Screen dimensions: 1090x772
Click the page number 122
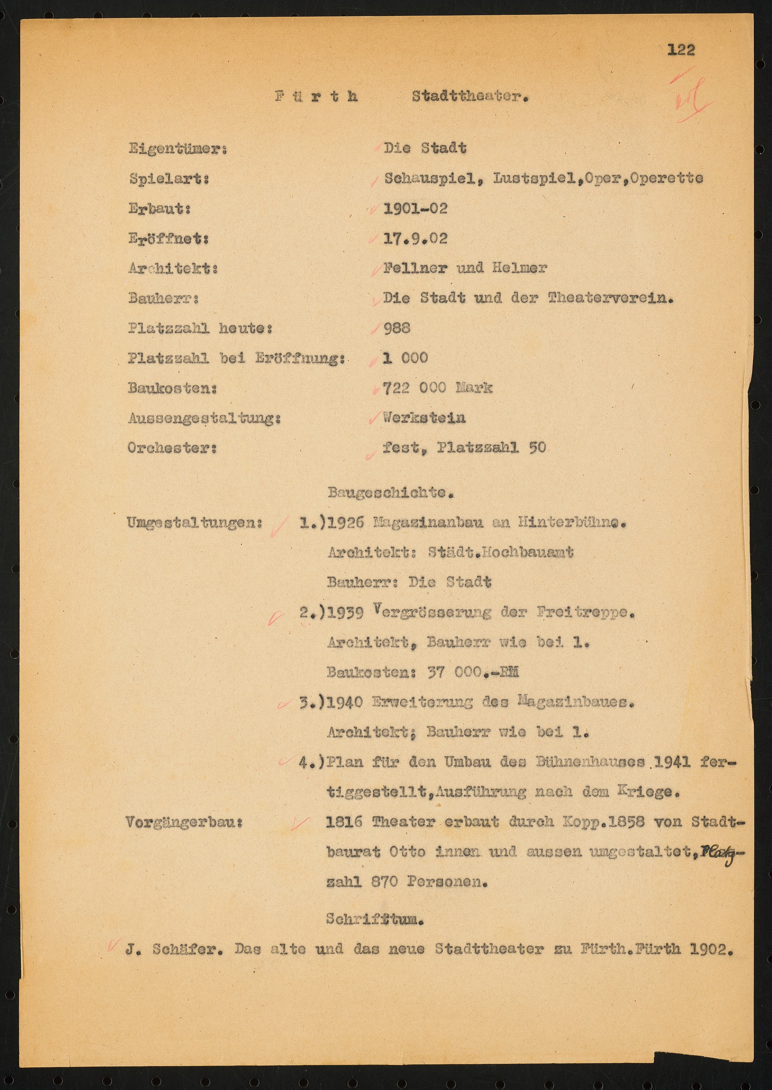681,49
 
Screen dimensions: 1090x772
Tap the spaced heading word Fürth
316,97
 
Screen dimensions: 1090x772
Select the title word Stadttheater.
470,97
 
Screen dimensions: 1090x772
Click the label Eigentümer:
177,149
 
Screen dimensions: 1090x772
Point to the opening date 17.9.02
415,238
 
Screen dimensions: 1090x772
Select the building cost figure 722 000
415,388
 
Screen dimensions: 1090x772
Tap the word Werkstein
424,418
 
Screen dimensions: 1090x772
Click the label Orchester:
172,448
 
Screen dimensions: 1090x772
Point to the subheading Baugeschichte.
390,493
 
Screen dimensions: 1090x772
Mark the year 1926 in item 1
346,522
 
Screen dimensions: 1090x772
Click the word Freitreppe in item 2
585,613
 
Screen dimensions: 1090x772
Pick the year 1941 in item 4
672,762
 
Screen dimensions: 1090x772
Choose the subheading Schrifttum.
375,919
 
